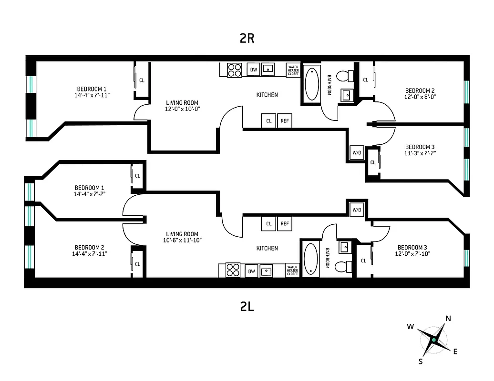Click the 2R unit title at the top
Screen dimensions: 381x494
247,39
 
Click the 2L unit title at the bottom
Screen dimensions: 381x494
247,307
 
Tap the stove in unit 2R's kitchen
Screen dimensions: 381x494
234,70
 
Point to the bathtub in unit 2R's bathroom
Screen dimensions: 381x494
312,84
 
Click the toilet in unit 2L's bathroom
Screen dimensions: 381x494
342,267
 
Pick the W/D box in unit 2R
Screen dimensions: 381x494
357,153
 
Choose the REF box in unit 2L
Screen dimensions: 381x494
285,223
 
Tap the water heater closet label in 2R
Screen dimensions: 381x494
293,70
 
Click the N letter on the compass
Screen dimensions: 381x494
448,319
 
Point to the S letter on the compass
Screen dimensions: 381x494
421,361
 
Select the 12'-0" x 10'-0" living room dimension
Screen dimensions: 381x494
182,109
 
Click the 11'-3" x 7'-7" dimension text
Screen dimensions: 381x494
420,153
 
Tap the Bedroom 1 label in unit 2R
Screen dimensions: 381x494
92,89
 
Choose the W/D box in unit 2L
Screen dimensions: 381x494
357,210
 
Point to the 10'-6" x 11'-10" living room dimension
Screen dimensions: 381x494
182,240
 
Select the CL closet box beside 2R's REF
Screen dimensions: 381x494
269,121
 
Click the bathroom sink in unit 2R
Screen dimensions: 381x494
346,96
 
